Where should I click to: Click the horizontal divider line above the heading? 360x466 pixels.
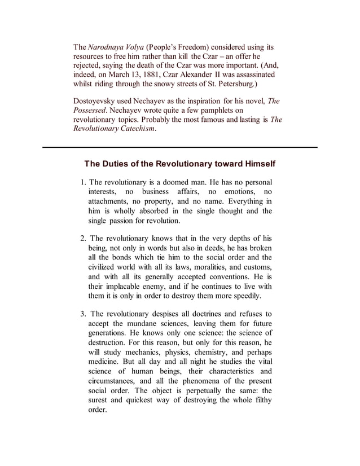coord(180,147)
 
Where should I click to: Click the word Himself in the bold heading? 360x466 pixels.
coord(255,164)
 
